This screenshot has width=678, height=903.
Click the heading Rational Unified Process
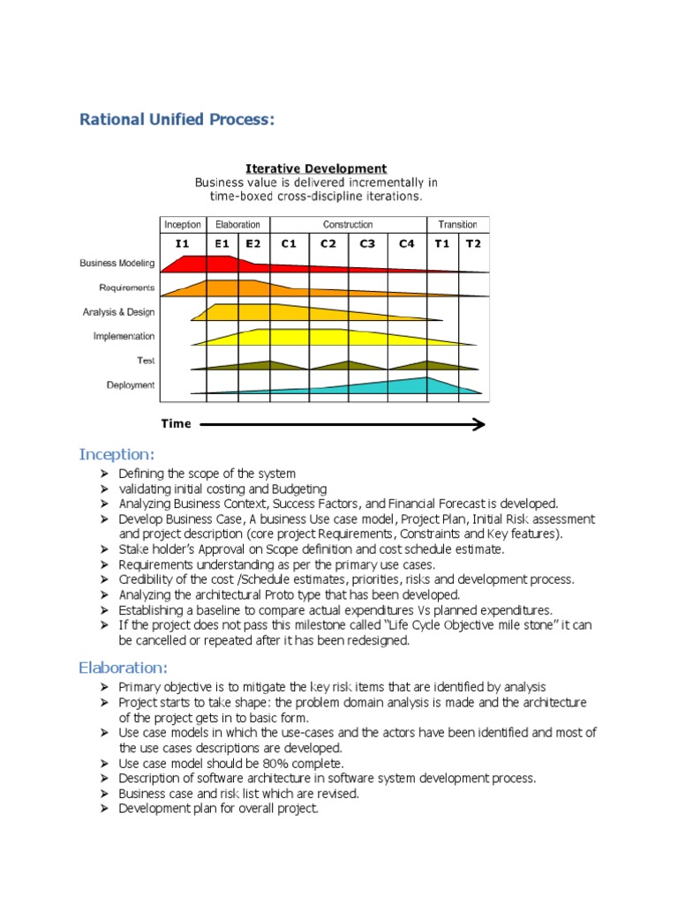177,119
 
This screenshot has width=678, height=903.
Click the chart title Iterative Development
315,168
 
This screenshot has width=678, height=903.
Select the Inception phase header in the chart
183,225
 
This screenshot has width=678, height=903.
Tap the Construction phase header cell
348,225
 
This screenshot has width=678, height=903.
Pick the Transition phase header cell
457,225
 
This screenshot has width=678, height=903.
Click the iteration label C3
367,243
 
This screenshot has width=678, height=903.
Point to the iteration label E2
252,243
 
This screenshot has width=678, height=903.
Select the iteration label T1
442,243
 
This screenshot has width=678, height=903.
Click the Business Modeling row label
117,263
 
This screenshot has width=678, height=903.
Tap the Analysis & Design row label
118,311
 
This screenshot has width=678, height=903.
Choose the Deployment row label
131,384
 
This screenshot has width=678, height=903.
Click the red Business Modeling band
212,263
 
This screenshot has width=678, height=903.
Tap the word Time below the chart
176,424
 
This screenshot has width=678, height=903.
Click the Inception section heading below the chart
117,454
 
